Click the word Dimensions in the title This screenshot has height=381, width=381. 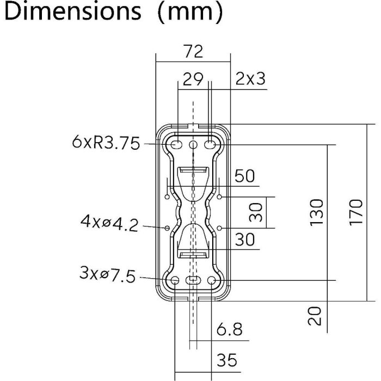(x=72, y=11)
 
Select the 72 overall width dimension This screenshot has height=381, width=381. (x=193, y=52)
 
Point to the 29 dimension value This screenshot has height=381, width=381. (x=193, y=79)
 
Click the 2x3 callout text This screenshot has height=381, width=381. (x=250, y=79)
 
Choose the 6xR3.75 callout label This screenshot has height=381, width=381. (x=106, y=143)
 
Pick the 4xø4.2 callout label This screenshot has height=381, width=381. (x=109, y=223)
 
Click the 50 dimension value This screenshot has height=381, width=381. (x=245, y=176)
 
